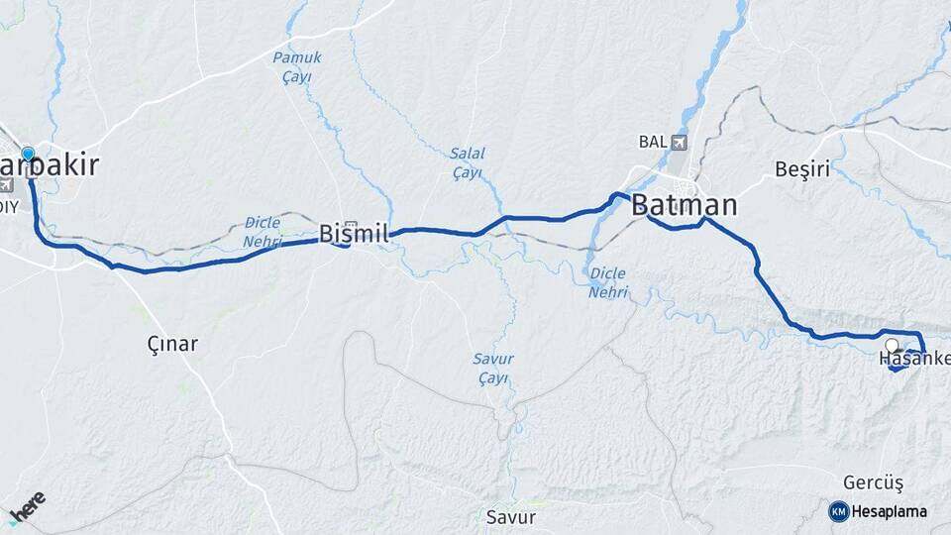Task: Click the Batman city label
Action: (685, 206)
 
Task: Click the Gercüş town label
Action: (874, 482)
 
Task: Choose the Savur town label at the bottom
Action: (511, 516)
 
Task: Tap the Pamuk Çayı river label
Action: (297, 67)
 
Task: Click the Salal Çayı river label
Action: (467, 162)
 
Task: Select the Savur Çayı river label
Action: (492, 368)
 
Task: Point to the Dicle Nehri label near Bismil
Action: (262, 232)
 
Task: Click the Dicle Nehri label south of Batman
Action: (608, 282)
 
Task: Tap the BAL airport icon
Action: (678, 142)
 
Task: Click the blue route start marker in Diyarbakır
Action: (28, 154)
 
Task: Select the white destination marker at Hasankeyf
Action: (893, 346)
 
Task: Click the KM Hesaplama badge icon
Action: (838, 511)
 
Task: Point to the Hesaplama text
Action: (889, 512)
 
